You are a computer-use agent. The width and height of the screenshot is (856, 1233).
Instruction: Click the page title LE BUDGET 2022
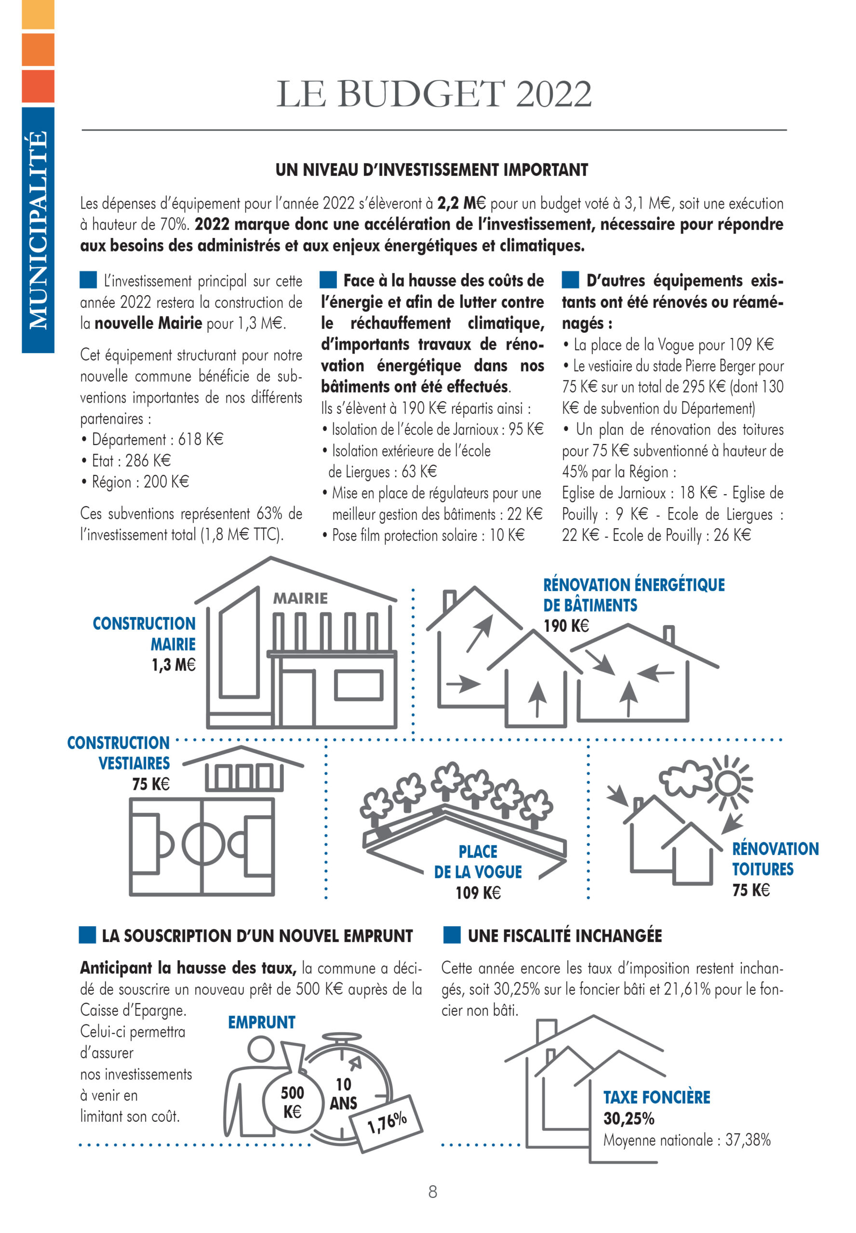[x=433, y=94]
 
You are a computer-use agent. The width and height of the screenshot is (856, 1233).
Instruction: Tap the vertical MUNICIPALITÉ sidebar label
[x=38, y=230]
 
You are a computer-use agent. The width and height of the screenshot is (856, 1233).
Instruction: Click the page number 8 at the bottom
[x=433, y=1192]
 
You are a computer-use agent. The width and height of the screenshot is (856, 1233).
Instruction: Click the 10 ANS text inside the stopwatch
[x=343, y=1094]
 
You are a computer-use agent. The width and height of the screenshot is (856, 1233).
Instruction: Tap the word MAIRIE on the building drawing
[x=300, y=598]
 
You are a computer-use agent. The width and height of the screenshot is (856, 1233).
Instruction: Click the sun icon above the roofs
[x=727, y=784]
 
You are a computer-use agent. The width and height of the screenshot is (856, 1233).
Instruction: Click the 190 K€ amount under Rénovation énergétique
[x=566, y=626]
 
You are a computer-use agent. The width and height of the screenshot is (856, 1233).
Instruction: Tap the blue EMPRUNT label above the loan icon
[x=262, y=1023]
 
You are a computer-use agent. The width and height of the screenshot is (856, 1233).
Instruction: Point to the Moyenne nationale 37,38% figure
[x=687, y=1140]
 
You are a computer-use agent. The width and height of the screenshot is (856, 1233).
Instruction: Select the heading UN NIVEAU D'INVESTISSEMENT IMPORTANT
[x=432, y=170]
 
